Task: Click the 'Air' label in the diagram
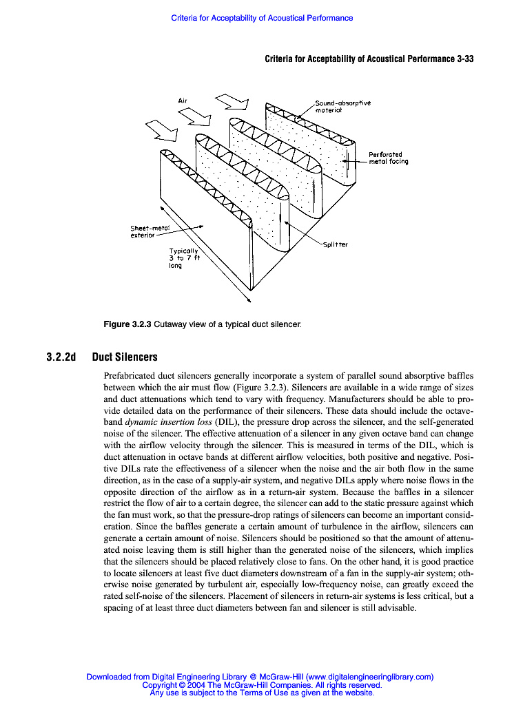coord(183,101)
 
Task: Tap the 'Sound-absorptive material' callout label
coord(342,106)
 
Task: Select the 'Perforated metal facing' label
coord(389,158)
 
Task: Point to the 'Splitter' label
coord(335,244)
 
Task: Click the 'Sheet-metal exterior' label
coord(150,232)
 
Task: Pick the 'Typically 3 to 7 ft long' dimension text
coord(184,258)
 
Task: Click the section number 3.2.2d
coord(61,357)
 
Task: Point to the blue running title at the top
coord(262,18)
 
